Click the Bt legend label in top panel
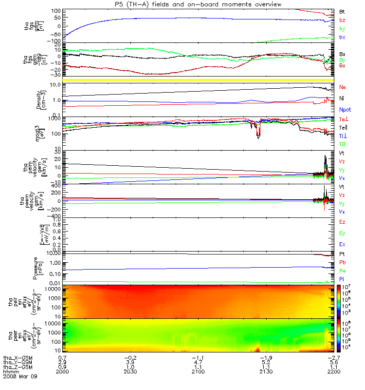(342, 11)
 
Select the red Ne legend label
(343, 87)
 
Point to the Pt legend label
(342, 254)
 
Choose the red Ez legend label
(343, 222)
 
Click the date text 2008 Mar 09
(20, 377)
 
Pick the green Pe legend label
(343, 270)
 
